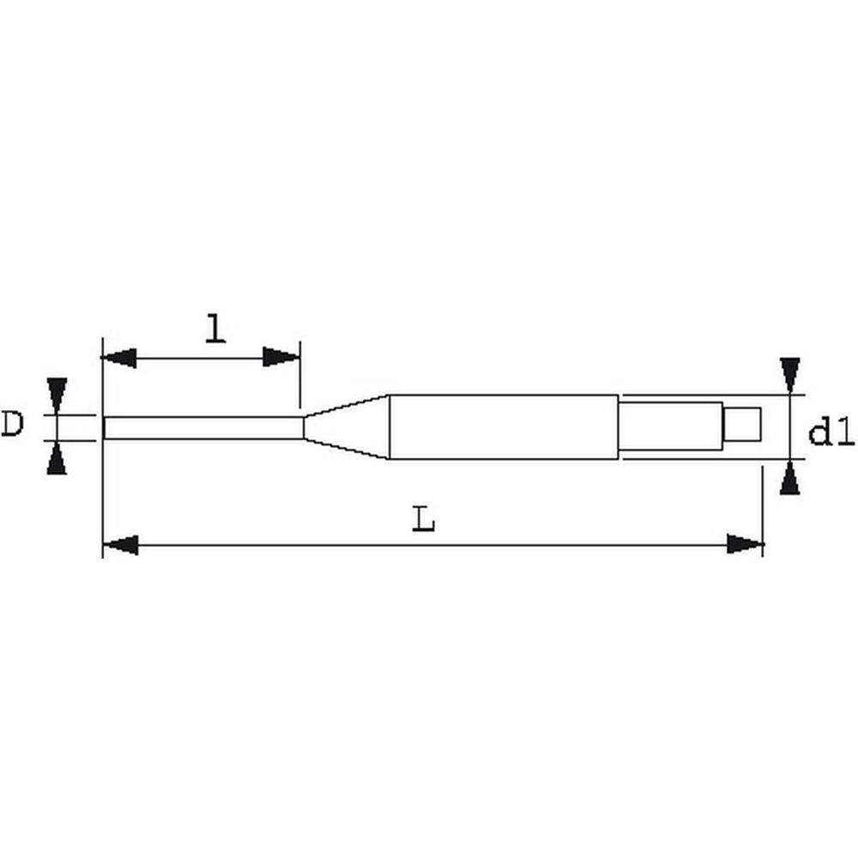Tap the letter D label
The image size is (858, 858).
[x=12, y=424]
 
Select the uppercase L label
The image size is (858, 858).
[x=423, y=518]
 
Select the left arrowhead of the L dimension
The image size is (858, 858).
[x=120, y=544]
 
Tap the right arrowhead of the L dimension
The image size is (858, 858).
[x=745, y=544]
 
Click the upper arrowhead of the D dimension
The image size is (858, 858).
[x=57, y=396]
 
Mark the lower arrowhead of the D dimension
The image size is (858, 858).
[x=57, y=459]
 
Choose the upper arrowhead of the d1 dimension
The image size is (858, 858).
[x=790, y=375]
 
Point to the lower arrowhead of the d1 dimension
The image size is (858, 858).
[x=790, y=478]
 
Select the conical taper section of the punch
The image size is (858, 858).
[x=347, y=426]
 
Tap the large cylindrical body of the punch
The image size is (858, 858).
[x=503, y=426]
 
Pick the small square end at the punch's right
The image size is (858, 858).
[x=742, y=424]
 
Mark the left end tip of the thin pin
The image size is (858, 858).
[x=105, y=427]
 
